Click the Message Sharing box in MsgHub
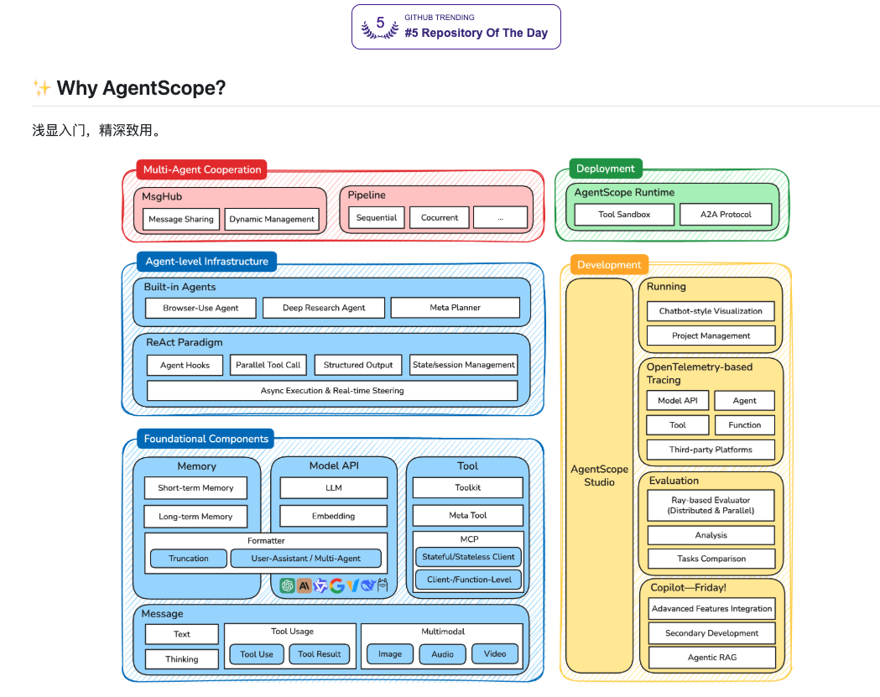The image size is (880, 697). click(180, 220)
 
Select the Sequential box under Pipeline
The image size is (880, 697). click(376, 217)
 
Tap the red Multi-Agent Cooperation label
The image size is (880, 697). click(201, 169)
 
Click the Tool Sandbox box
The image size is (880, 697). click(624, 215)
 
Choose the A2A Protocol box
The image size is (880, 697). click(726, 215)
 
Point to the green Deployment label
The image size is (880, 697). click(605, 169)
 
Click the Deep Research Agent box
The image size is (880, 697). click(324, 308)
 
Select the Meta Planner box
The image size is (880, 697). click(455, 308)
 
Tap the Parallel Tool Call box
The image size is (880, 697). click(268, 365)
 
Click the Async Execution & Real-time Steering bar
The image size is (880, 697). click(332, 391)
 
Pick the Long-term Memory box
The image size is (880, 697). click(195, 517)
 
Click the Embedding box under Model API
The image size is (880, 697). click(333, 516)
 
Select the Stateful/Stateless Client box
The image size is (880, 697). click(469, 556)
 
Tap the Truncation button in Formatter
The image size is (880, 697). click(189, 559)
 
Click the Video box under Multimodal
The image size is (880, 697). click(495, 654)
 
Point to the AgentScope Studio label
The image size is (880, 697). click(599, 476)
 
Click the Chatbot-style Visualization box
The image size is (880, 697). click(711, 311)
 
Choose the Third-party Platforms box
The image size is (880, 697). click(711, 450)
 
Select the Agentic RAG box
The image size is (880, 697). click(711, 657)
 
